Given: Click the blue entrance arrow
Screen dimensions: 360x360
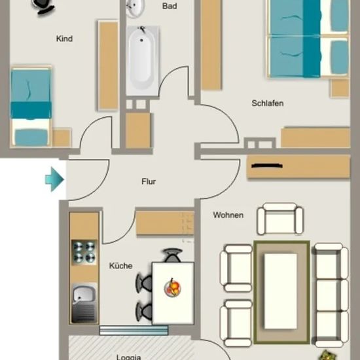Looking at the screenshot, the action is pyautogui.click(x=54, y=179).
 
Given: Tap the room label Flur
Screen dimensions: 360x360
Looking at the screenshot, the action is pyautogui.click(x=149, y=181).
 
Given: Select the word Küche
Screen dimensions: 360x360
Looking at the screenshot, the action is pyautogui.click(x=121, y=266).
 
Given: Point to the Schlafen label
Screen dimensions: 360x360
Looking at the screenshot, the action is pyautogui.click(x=268, y=103).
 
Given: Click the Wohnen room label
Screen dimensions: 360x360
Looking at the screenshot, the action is pyautogui.click(x=228, y=215).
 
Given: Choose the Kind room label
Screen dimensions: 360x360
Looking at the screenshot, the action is pyautogui.click(x=64, y=39).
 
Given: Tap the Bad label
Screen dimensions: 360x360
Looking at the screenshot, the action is pyautogui.click(x=170, y=6).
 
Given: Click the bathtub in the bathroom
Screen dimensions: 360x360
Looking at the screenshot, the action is pyautogui.click(x=142, y=61).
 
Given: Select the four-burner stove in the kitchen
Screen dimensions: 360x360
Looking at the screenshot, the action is pyautogui.click(x=84, y=253).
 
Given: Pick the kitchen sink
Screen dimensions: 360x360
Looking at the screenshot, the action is pyautogui.click(x=84, y=303).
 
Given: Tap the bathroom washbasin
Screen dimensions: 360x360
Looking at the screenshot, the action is pyautogui.click(x=135, y=9).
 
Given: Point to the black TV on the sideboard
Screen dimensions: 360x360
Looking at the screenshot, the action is pyautogui.click(x=267, y=166).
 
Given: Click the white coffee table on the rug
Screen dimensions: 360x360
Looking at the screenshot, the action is pyautogui.click(x=281, y=291).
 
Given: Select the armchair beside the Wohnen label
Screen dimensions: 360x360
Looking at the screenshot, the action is pyautogui.click(x=280, y=219).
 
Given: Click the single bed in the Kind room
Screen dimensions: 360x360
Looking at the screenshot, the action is pyautogui.click(x=31, y=106).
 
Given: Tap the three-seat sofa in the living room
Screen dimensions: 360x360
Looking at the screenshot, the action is pyautogui.click(x=331, y=295).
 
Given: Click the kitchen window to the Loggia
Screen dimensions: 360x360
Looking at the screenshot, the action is pyautogui.click(x=134, y=330).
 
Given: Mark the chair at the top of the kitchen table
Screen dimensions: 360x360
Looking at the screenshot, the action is pyautogui.click(x=172, y=255).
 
